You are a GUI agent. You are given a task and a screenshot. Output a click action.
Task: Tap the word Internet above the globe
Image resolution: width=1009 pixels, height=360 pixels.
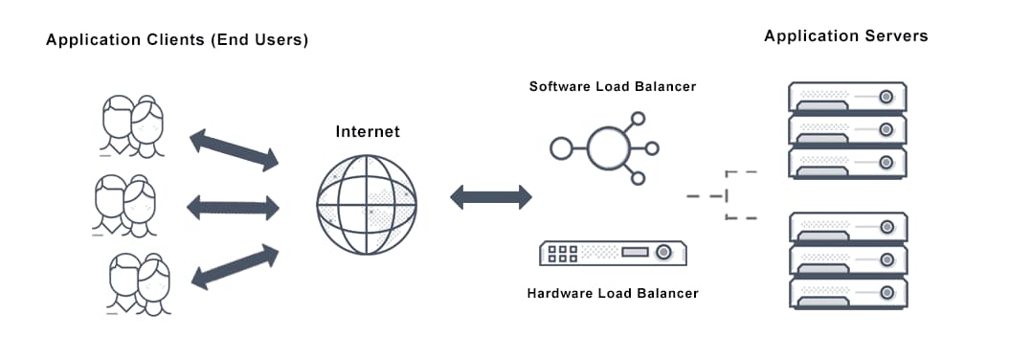[x=368, y=131]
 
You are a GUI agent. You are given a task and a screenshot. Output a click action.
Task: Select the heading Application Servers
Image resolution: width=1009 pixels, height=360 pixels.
[x=846, y=35]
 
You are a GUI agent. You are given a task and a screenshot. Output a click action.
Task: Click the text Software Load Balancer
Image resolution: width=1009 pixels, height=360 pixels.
[x=613, y=86]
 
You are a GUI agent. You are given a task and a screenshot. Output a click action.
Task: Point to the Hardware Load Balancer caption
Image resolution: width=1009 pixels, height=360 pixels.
[x=613, y=292]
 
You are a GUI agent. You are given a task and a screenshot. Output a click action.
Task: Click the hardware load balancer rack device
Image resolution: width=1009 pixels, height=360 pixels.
[x=614, y=253]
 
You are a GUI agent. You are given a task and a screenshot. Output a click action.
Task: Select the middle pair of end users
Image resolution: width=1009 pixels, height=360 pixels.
[x=125, y=204]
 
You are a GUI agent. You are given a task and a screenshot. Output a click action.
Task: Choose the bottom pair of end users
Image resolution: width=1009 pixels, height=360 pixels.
[x=139, y=283]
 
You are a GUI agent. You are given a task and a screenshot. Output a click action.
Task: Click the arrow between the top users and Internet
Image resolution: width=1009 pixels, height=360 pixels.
[x=234, y=147]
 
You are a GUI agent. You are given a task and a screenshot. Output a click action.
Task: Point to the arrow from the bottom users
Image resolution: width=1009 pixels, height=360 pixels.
[x=234, y=265]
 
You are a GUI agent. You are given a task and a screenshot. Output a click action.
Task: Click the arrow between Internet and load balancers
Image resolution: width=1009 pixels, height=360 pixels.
[x=490, y=197]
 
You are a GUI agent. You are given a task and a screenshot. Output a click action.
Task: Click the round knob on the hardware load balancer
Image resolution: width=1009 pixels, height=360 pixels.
[x=663, y=253]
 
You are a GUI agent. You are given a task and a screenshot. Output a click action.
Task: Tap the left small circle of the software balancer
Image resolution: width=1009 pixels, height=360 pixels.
[x=561, y=147]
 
